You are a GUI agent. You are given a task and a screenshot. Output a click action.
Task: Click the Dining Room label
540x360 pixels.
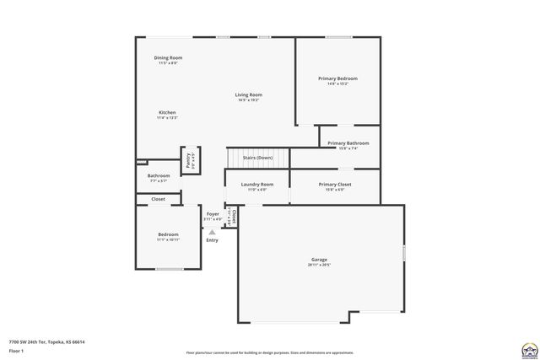[x=169, y=57]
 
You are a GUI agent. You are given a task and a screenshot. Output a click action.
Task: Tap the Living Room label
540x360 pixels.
[x=248, y=94]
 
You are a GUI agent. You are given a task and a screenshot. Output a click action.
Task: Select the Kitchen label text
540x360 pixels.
[x=167, y=113]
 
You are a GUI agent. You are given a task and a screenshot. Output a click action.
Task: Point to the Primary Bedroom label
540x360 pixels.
[x=337, y=78]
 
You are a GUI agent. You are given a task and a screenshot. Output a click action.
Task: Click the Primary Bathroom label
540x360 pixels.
[x=348, y=143]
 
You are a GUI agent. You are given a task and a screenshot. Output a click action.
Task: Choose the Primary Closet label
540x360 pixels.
[x=335, y=184]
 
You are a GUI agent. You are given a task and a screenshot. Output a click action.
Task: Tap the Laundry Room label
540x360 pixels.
[x=256, y=184]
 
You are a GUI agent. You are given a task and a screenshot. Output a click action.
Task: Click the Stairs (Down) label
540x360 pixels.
[x=257, y=158]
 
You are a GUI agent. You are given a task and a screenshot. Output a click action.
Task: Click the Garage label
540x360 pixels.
[x=319, y=260]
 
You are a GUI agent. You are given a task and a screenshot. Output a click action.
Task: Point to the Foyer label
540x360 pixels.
[x=213, y=214]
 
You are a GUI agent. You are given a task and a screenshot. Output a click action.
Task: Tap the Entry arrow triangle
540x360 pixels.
[x=213, y=230]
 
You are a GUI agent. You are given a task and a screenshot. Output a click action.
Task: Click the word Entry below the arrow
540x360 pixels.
[x=212, y=240]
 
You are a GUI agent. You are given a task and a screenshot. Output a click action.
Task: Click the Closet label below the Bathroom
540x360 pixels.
[x=158, y=199]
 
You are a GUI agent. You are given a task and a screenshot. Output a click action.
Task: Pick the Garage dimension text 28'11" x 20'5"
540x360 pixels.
[x=319, y=266]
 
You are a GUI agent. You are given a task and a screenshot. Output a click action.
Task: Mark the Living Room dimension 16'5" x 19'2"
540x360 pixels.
[x=248, y=100]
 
